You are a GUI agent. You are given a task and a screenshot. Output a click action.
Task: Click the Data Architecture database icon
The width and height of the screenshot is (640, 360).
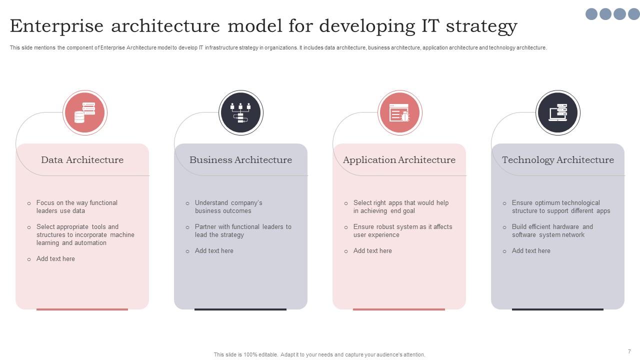click(84, 113)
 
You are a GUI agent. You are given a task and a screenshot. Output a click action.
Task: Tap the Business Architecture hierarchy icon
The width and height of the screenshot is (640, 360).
click(240, 113)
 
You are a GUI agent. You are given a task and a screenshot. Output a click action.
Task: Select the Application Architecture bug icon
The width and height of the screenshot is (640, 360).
click(399, 113)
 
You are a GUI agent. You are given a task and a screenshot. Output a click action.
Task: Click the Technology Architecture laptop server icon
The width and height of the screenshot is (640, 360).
click(557, 113)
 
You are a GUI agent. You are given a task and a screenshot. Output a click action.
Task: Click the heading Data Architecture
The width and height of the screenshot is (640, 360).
click(82, 160)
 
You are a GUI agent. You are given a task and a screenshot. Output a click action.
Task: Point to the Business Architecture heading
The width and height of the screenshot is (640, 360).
click(240, 160)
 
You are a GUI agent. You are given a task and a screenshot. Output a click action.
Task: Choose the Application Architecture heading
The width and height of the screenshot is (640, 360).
click(399, 160)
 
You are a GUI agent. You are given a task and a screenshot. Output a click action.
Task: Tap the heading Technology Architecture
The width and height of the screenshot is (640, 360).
click(557, 160)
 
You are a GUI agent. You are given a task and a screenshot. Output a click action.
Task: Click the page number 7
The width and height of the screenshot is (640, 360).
click(629, 351)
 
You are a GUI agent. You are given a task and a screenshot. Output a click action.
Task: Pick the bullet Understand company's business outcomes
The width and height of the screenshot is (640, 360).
click(228, 206)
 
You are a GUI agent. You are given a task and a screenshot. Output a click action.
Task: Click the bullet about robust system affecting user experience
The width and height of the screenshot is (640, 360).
click(402, 230)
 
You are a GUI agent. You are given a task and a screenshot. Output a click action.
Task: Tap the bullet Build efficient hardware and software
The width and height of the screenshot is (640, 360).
click(552, 230)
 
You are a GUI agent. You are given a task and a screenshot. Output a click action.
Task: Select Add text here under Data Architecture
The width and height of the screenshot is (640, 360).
click(55, 258)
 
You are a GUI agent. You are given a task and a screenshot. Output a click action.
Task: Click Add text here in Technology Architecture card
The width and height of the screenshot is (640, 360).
click(531, 250)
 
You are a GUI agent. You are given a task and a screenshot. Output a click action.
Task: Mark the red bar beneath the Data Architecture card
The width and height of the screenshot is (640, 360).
click(82, 309)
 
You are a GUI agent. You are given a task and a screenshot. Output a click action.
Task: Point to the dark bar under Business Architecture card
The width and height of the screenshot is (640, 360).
click(240, 309)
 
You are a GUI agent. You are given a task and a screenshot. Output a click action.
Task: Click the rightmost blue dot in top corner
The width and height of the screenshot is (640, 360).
click(633, 14)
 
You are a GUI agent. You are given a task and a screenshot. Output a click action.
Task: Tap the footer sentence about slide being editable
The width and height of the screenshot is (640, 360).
click(319, 354)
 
